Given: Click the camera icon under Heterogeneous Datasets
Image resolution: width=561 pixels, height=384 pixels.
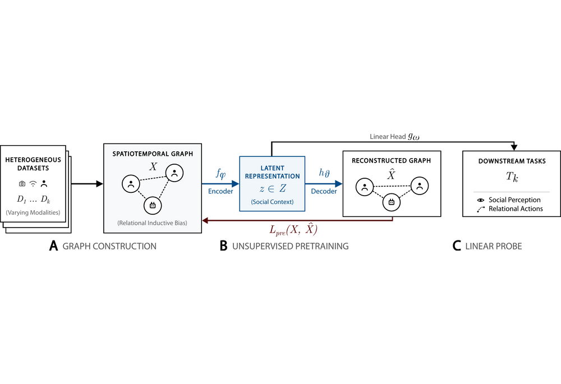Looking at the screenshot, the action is tap(22, 184).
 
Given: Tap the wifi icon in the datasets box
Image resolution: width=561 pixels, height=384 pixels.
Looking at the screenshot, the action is tap(33, 184).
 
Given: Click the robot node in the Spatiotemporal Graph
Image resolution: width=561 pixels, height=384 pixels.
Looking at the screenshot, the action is tap(153, 205).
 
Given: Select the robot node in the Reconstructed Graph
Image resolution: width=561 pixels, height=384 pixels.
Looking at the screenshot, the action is tap(392, 202).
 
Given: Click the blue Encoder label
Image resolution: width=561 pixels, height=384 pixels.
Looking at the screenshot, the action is tap(220, 191).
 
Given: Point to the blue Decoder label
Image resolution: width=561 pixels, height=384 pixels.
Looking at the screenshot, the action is tap(324, 191).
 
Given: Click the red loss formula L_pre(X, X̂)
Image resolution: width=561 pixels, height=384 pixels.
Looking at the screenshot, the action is tap(293, 230).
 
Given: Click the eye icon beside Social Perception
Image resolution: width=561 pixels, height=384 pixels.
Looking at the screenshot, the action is tap(481, 200).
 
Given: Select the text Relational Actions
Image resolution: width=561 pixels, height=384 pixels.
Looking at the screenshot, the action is tap(516, 209).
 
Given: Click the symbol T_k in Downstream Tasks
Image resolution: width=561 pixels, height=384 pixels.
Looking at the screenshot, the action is tap(512, 177).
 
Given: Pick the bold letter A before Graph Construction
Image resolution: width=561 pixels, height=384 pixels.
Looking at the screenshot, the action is tap(53, 246).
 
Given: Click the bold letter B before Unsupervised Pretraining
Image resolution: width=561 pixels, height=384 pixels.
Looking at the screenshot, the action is tap(223, 246).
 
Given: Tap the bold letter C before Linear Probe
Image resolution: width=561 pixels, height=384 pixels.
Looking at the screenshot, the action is tap(457, 246).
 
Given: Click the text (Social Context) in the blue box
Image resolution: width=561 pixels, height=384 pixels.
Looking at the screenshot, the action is tap(272, 202).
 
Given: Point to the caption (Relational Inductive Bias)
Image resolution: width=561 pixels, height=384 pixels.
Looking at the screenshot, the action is tap(153, 223).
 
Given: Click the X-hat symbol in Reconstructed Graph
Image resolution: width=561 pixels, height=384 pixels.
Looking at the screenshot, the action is tap(392, 174).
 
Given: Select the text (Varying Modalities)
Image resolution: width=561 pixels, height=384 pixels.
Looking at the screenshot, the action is tap(33, 212).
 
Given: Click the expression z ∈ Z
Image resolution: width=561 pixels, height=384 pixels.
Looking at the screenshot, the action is tap(273, 188).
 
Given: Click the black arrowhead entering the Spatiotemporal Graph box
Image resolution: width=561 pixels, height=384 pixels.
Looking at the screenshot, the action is tap(99, 184).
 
